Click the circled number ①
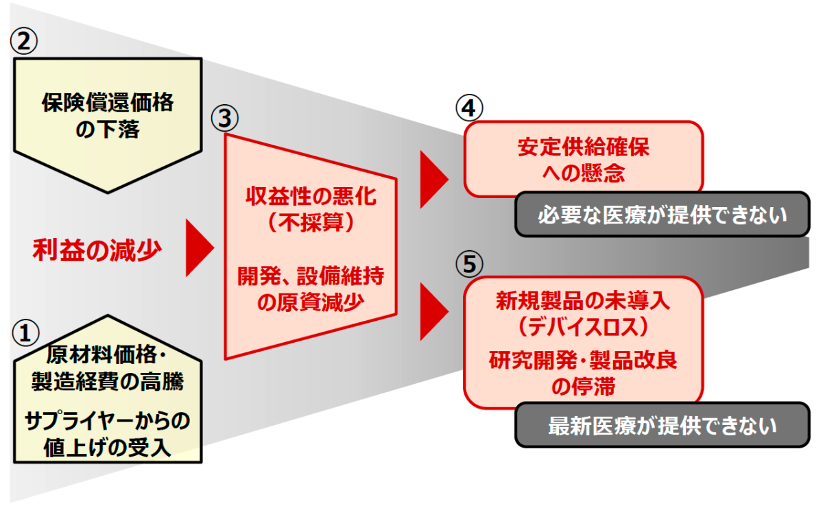click(25, 334)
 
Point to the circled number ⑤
click(469, 263)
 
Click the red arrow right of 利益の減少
click(200, 247)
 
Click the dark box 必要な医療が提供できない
click(662, 215)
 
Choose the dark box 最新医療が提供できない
click(662, 426)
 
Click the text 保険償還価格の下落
click(107, 116)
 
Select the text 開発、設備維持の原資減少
click(311, 289)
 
